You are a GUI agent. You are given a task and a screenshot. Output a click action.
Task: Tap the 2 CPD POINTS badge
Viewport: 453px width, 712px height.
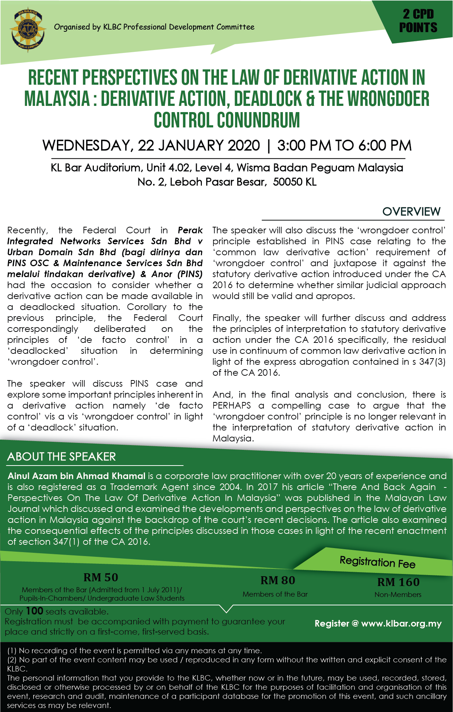point(418,21)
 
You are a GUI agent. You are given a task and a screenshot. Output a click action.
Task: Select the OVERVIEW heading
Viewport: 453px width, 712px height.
point(411,211)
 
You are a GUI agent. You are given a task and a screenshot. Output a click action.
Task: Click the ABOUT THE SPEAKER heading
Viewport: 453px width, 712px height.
point(61,457)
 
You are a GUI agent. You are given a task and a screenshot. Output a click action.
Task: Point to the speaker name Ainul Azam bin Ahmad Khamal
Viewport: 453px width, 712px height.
point(77,476)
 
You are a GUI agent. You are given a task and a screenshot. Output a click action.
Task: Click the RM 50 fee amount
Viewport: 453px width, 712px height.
point(101,577)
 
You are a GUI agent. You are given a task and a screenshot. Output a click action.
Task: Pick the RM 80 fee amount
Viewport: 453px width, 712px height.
point(277,580)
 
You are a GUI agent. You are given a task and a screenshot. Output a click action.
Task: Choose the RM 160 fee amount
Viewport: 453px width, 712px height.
point(398,582)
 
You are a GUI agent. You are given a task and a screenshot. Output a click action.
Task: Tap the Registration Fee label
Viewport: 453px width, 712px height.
point(377,562)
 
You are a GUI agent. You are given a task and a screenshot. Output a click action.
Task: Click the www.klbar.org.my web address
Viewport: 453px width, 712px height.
point(401,623)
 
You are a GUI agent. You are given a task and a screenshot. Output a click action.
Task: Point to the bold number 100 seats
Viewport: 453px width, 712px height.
point(35,611)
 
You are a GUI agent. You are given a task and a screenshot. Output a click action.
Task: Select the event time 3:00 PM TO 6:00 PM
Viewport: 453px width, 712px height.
point(344,146)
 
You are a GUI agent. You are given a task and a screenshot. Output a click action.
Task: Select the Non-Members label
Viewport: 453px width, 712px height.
point(398,594)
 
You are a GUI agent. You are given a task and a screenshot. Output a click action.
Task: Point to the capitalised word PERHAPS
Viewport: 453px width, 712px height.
point(232,406)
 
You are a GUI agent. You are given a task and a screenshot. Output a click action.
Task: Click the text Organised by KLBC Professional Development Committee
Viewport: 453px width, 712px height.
point(154,27)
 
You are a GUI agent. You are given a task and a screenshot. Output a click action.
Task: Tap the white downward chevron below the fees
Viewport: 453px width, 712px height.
point(226,608)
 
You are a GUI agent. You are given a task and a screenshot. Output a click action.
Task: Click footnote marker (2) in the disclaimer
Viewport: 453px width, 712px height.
point(12,660)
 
